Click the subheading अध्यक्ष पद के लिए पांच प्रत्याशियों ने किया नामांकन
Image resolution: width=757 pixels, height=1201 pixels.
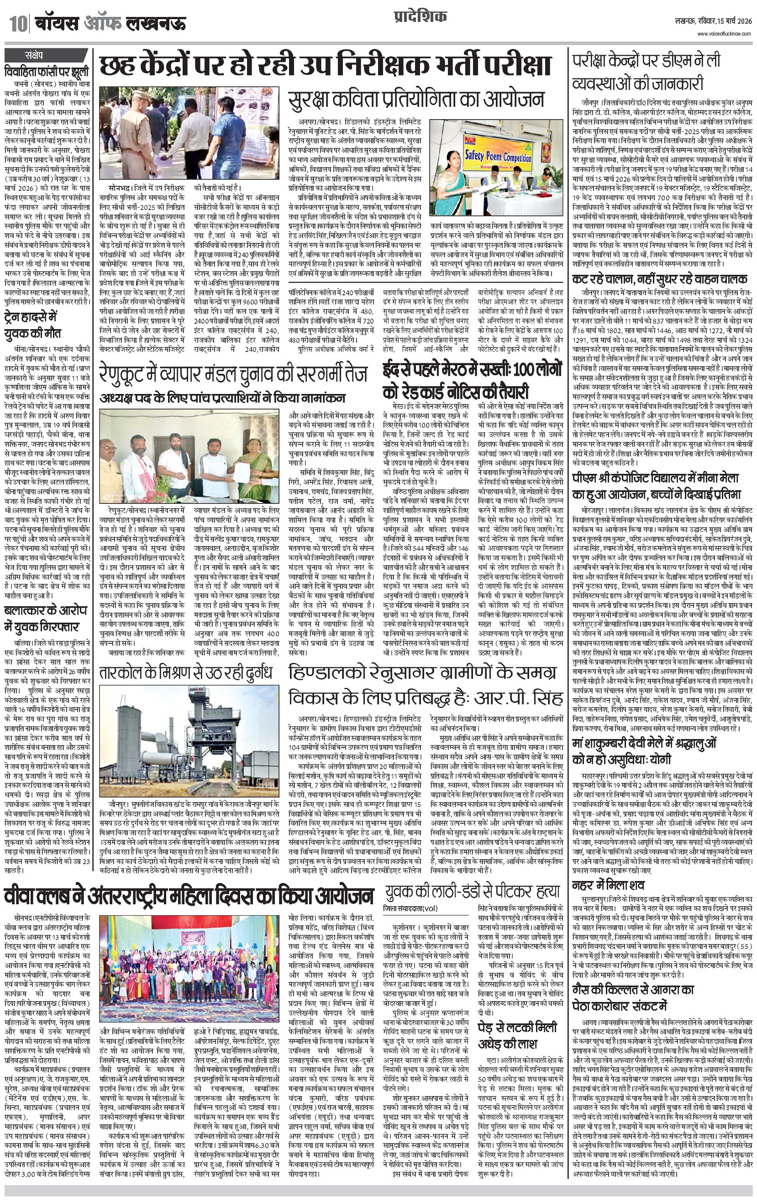pyautogui.click(x=222, y=398)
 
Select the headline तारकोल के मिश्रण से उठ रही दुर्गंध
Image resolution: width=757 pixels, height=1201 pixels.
pyautogui.click(x=186, y=673)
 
